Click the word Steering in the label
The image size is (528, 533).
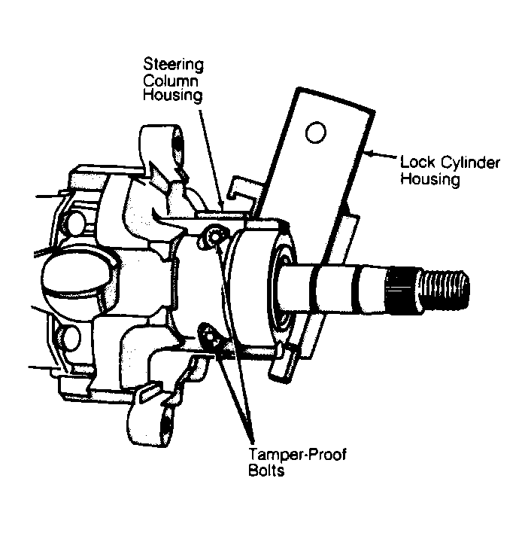(173, 65)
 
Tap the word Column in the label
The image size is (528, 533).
(171, 81)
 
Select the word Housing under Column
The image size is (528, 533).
(172, 95)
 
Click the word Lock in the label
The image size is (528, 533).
(417, 162)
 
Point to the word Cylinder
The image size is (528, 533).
(470, 163)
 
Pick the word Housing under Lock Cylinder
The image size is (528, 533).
(430, 179)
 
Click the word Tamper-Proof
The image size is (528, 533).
(297, 455)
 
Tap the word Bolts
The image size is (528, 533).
(266, 471)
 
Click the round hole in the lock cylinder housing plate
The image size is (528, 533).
(315, 132)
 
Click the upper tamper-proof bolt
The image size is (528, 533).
(214, 236)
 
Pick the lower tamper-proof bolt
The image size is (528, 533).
(211, 337)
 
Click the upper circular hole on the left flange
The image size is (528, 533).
(74, 224)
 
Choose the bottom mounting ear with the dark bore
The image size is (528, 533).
(152, 422)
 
